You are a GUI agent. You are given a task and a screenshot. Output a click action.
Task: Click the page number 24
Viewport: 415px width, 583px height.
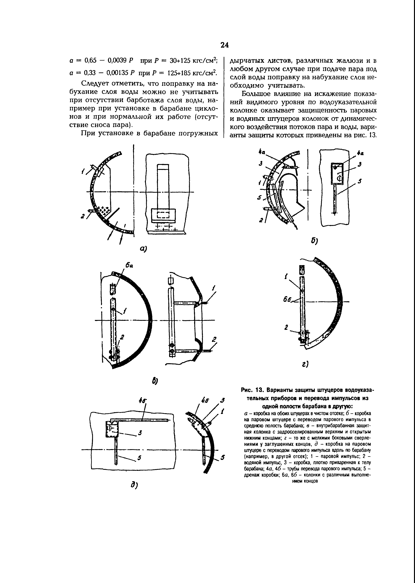coord(225,45)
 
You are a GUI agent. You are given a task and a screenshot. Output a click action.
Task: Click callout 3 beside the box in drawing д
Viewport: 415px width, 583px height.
coord(140,433)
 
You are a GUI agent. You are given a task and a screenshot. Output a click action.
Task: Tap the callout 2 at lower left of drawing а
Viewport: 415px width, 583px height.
coord(83,217)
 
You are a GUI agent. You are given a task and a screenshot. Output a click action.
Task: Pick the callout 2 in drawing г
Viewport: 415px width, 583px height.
coord(286,327)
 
